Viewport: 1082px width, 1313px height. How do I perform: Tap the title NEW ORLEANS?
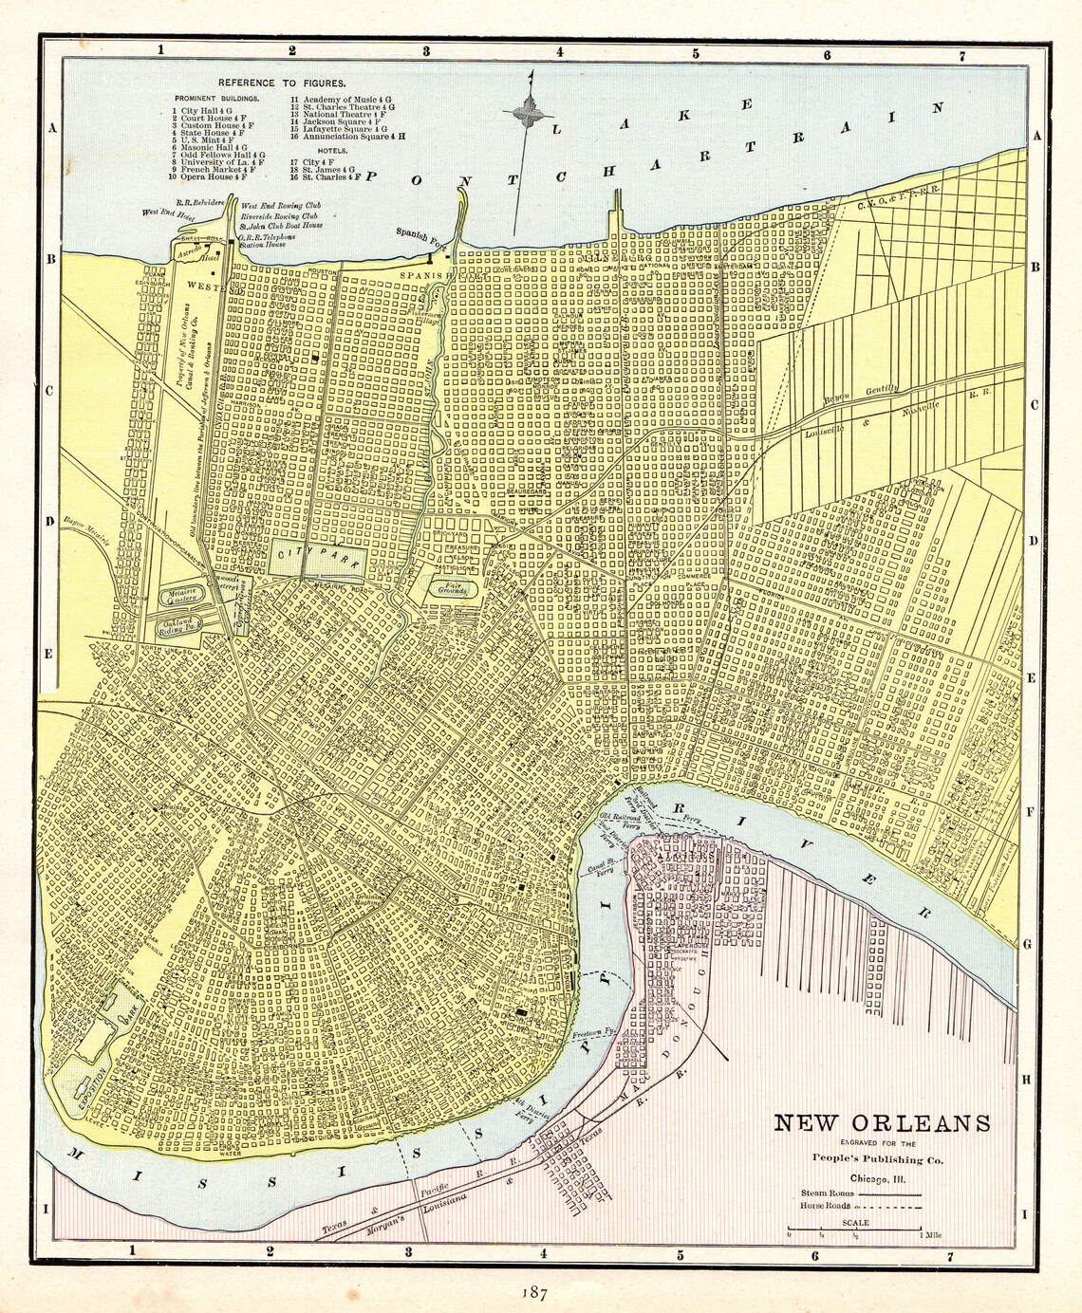tap(882, 1123)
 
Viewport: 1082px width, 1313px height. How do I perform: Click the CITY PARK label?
tap(316, 556)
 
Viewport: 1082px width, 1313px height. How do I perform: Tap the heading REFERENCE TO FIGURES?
tap(269, 83)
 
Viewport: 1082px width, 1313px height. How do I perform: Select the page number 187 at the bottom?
tap(533, 1294)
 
